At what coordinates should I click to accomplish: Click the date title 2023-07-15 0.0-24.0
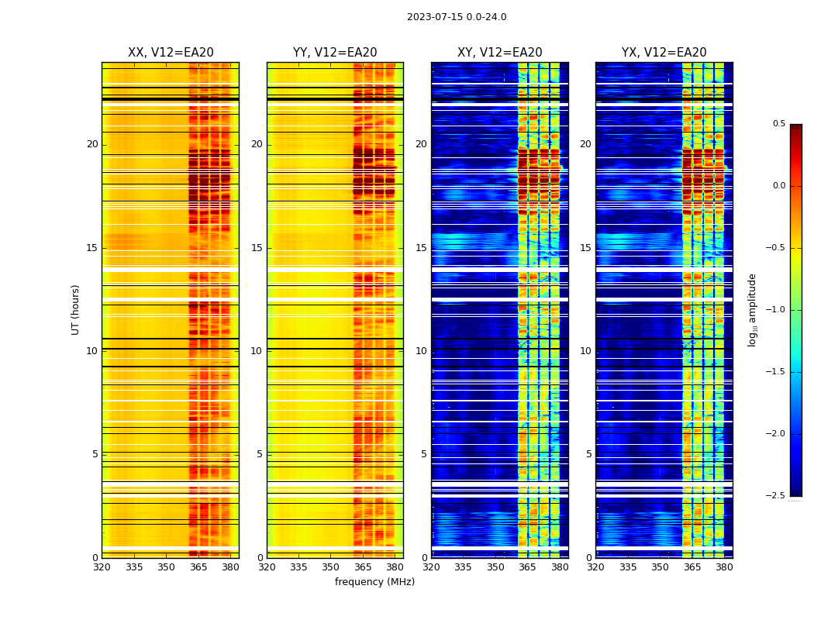pos(457,17)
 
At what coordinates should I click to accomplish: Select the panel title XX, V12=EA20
pos(171,53)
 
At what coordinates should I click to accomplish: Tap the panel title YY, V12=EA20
pos(335,53)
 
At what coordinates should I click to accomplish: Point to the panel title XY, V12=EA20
pos(500,53)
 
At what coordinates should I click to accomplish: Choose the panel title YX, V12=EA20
pos(664,53)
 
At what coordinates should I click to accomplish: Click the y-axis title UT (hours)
pos(76,309)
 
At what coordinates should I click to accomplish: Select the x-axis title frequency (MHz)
pos(374,582)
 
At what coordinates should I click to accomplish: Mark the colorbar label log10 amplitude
pos(752,309)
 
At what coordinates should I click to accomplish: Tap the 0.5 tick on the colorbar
pos(778,124)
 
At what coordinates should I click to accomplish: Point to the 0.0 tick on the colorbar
pos(778,186)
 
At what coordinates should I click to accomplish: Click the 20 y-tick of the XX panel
pos(92,144)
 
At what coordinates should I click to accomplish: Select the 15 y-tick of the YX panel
pos(586,248)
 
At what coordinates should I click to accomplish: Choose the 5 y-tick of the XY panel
pos(424,454)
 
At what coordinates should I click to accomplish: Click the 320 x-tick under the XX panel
pos(102,567)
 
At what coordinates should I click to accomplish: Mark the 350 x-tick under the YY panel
pos(331,567)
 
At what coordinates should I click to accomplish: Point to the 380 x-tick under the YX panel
pos(724,567)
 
